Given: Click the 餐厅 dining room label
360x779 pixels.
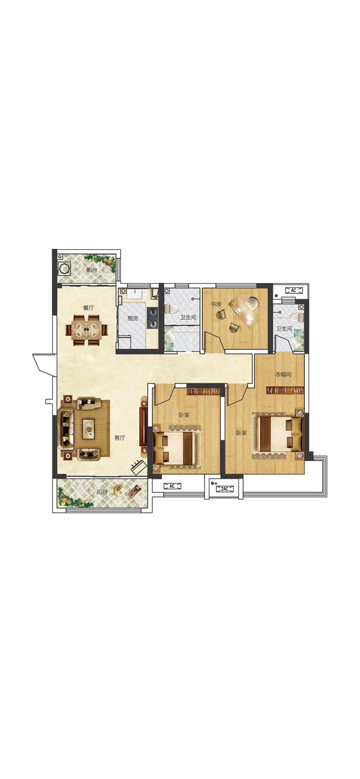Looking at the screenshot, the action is [89, 308].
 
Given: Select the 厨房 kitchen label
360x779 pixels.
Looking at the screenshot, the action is [133, 318].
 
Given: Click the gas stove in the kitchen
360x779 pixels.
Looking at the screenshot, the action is [152, 317].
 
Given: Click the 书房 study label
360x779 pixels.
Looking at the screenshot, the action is [216, 304].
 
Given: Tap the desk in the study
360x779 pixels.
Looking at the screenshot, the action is [243, 313].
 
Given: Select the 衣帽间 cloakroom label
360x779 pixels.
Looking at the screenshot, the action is [283, 374].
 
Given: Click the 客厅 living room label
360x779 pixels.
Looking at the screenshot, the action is [120, 438].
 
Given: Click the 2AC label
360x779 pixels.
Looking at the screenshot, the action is [224, 489].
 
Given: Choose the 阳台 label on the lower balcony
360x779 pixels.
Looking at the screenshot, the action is [102, 492].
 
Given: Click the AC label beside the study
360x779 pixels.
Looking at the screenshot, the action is [293, 290].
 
